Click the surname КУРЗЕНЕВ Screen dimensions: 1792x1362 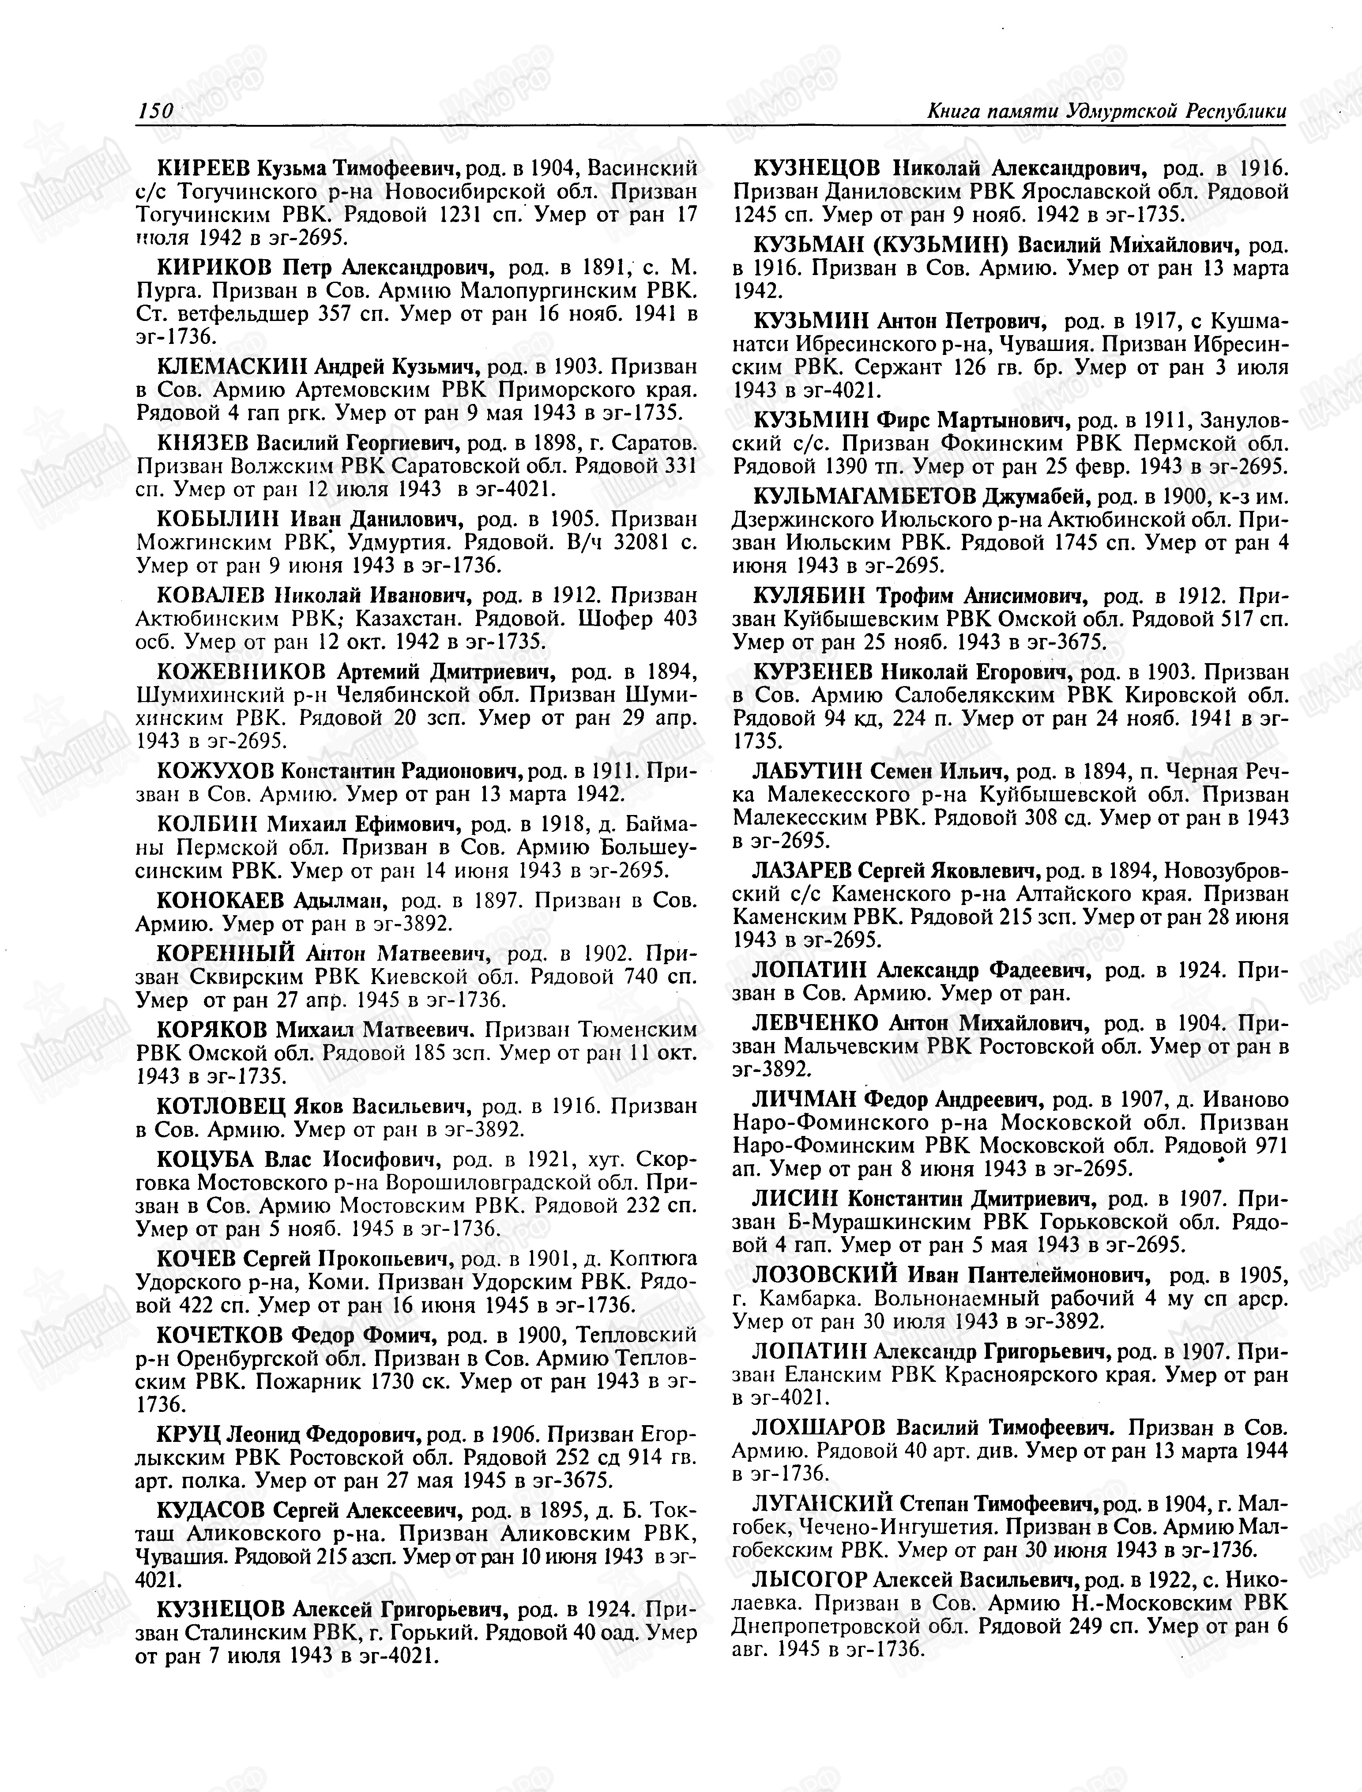[x=813, y=672]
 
